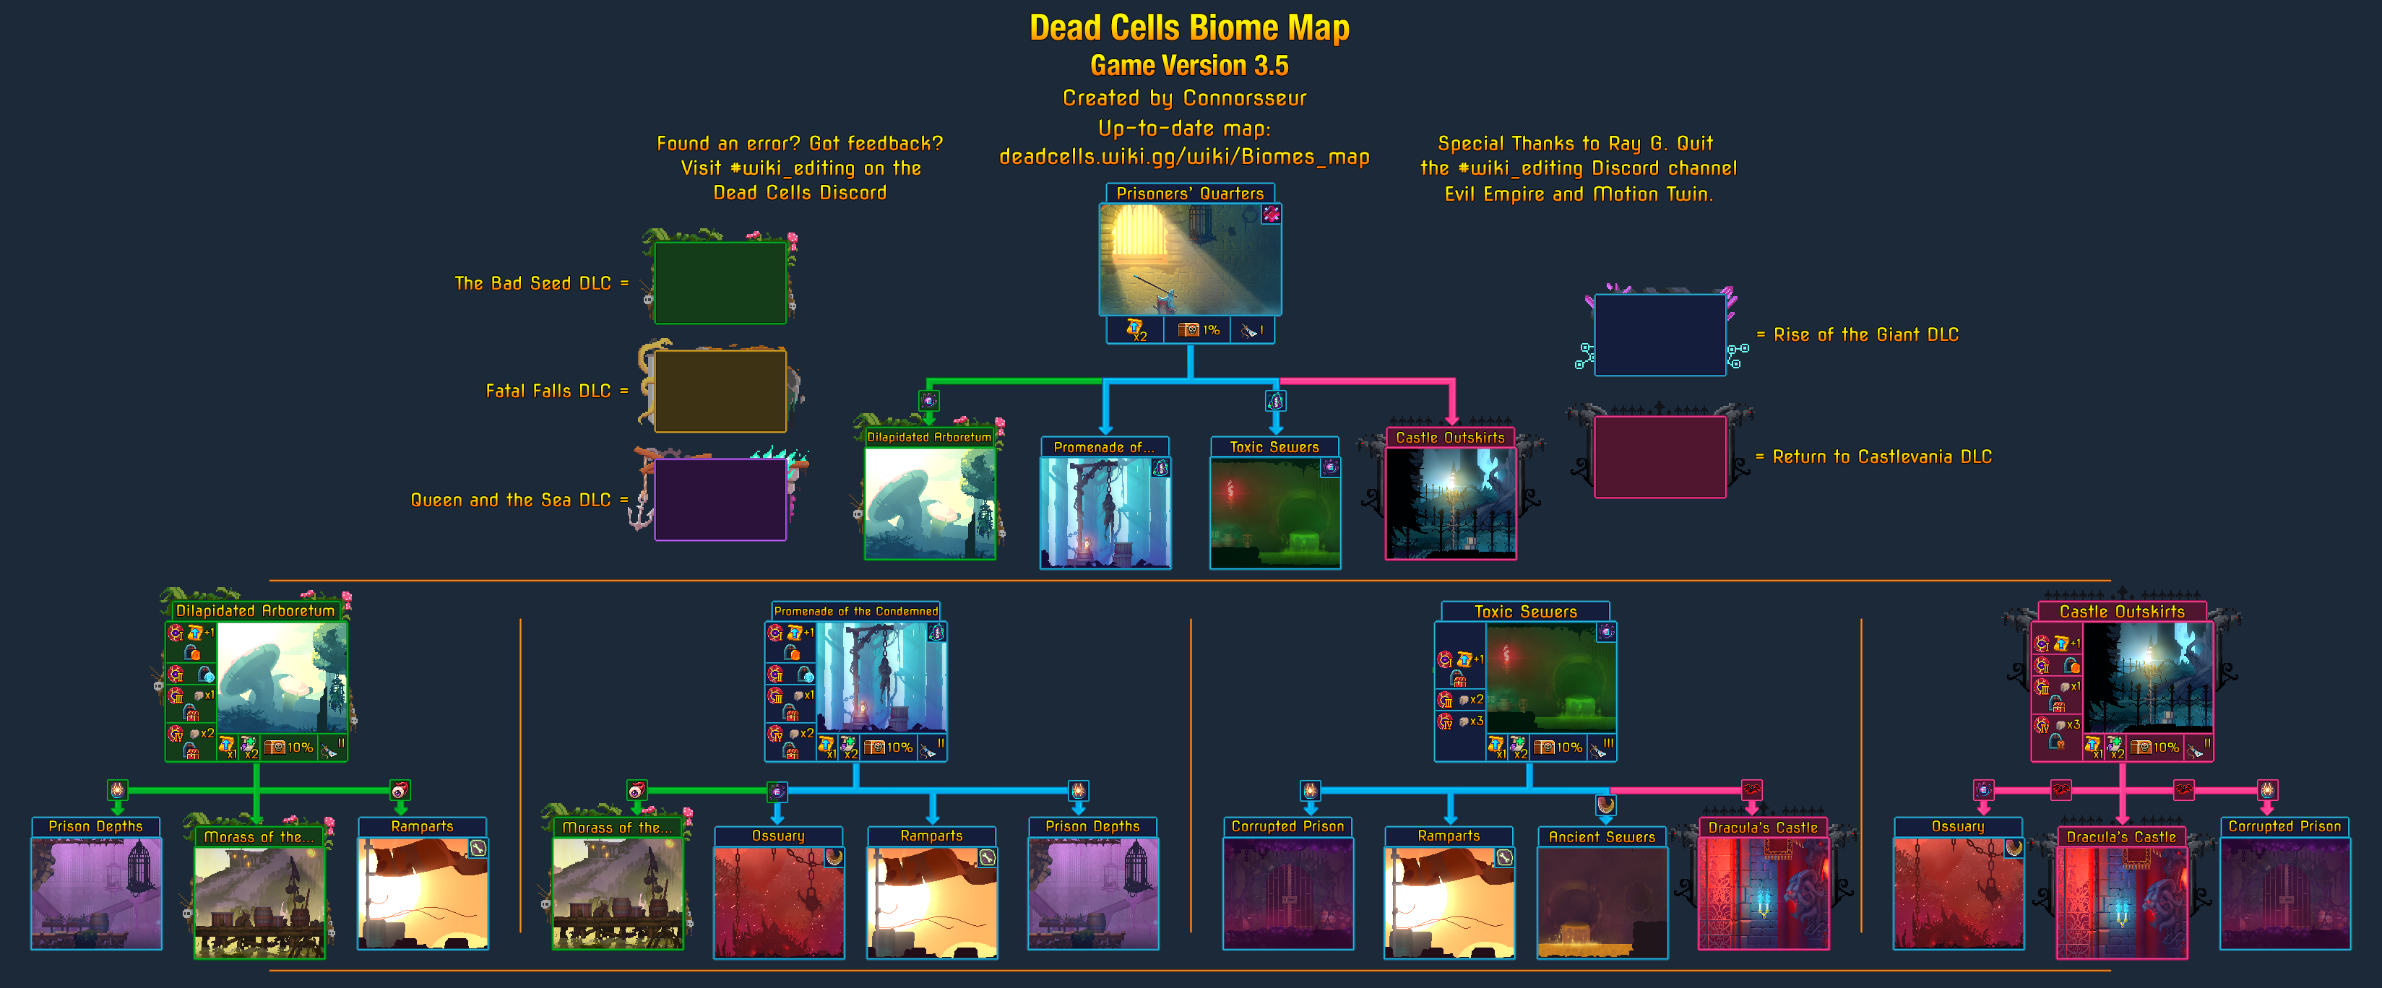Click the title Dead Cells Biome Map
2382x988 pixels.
[1189, 27]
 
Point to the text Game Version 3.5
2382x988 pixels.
[1189, 66]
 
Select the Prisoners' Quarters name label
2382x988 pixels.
[1189, 193]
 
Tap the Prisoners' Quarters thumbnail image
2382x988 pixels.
[1189, 260]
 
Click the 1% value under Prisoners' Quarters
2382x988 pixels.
[1210, 330]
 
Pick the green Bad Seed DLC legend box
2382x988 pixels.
[720, 283]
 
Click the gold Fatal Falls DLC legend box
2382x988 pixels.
[720, 391]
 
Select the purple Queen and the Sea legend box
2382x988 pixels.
[720, 499]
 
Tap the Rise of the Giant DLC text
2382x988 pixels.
[1865, 334]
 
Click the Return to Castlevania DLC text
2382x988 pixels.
[1882, 456]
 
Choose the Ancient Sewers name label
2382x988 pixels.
[1602, 836]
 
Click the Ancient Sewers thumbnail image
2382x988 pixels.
[1602, 902]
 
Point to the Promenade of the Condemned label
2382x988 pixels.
[855, 611]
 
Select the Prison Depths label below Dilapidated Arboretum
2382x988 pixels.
[95, 826]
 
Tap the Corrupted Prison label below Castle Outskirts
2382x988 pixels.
[2284, 826]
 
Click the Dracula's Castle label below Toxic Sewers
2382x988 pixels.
[1762, 827]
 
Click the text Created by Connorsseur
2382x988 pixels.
[1185, 98]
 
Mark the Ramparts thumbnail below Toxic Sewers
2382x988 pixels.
[1449, 902]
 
